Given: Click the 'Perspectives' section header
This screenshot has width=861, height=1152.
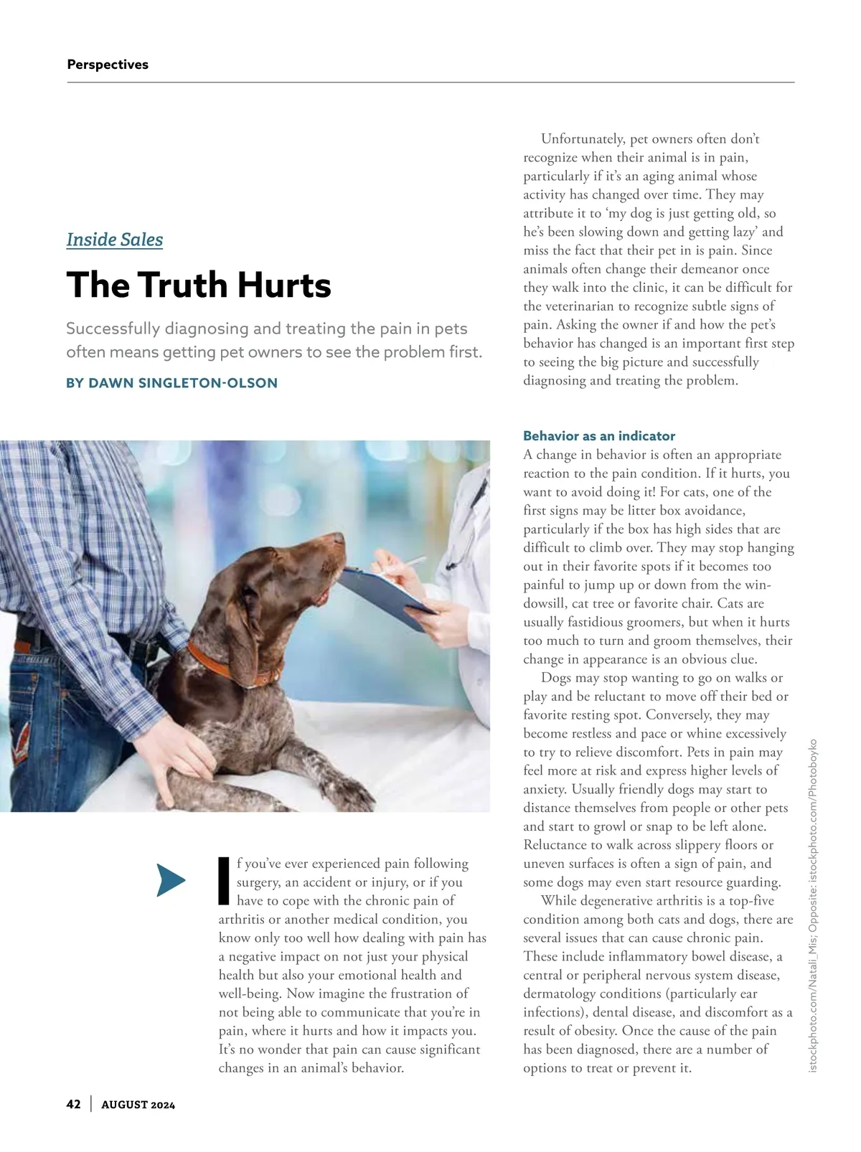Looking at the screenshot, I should (108, 65).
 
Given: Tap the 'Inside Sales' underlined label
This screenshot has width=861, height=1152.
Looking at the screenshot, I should (115, 240).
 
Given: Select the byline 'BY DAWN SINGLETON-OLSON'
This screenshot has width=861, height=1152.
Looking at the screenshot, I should (171, 383).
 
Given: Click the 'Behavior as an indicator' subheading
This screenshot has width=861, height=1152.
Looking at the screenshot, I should (599, 436).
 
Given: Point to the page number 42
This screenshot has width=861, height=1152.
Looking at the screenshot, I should (73, 1104).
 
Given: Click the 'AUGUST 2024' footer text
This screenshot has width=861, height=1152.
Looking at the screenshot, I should (138, 1105).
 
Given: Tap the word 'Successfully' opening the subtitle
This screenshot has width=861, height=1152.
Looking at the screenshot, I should (113, 329).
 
